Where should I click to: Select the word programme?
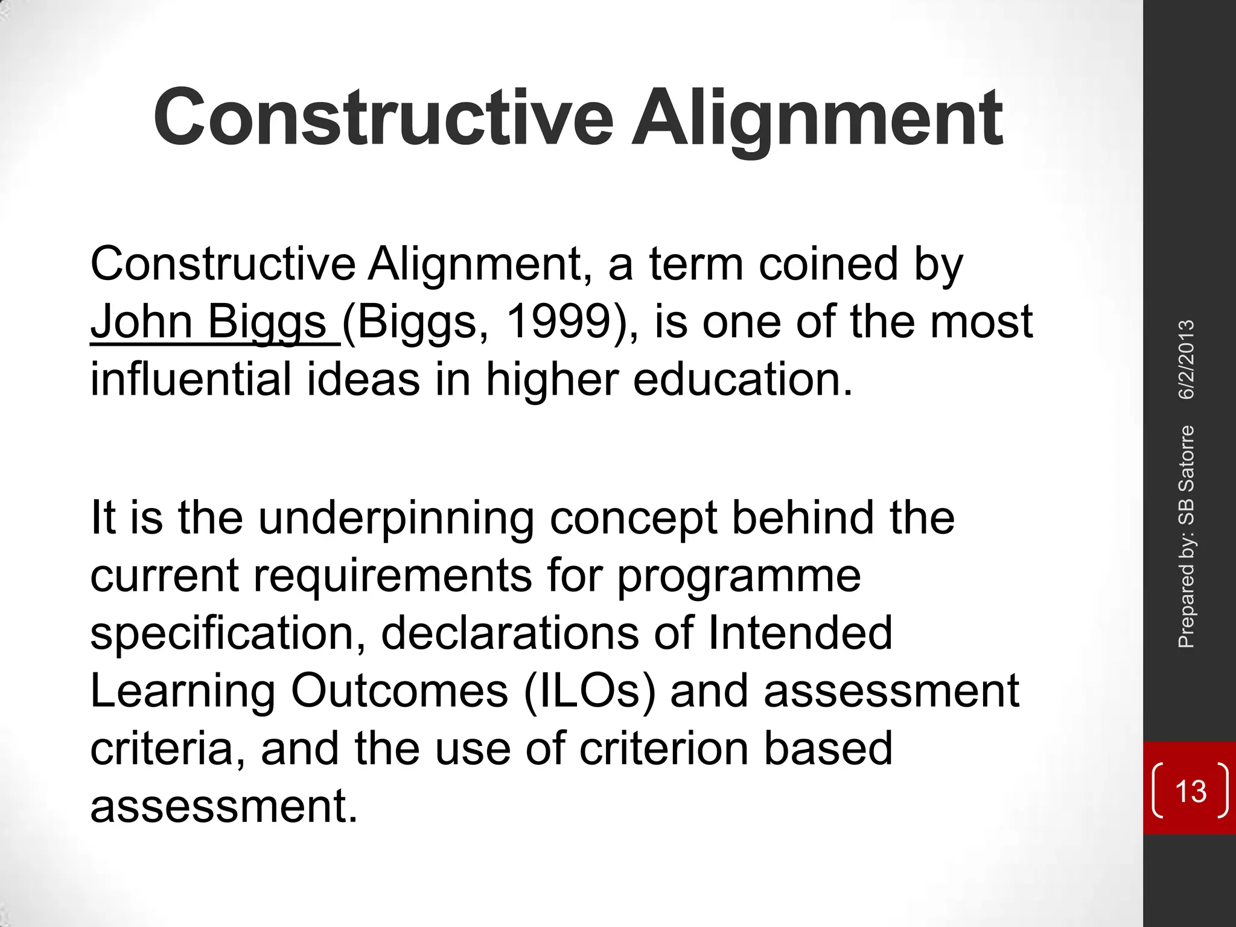click(x=739, y=576)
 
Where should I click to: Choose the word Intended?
click(x=799, y=633)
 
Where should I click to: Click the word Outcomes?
click(x=400, y=691)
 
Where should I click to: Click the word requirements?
click(x=393, y=576)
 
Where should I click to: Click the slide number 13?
click(x=1191, y=791)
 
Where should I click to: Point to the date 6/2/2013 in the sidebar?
click(x=1187, y=360)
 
